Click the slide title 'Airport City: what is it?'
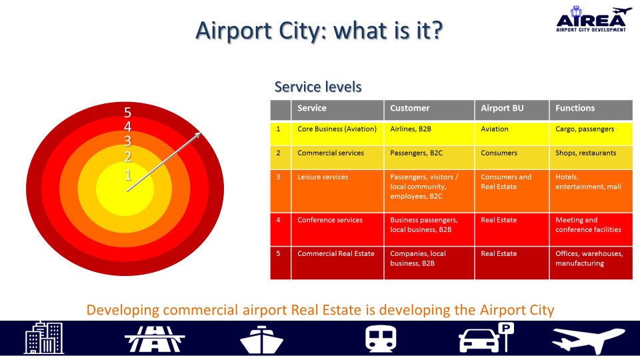click(319, 30)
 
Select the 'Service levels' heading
click(318, 87)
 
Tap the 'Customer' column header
click(409, 108)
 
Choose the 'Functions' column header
click(575, 108)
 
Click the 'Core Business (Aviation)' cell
click(337, 129)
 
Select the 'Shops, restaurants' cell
click(585, 153)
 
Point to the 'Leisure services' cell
click(323, 177)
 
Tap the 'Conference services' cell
click(329, 220)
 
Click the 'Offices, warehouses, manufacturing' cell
click(589, 259)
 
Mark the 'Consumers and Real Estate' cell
click(506, 182)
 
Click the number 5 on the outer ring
click(127, 113)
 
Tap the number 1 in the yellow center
click(127, 175)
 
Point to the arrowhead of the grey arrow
click(198, 135)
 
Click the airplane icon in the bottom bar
click(588, 339)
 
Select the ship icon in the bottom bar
click(262, 339)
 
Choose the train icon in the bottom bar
click(381, 339)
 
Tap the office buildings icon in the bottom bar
click(44, 338)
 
